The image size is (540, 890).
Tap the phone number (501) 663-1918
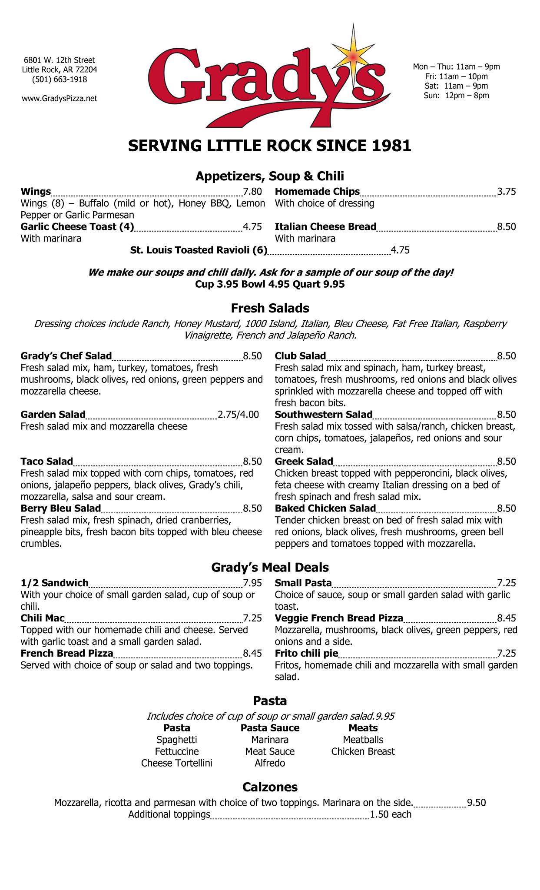[60, 79]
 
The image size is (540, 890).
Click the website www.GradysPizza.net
[60, 99]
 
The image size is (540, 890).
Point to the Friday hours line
[456, 76]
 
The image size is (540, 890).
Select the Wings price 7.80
[252, 192]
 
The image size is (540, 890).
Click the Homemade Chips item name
[317, 192]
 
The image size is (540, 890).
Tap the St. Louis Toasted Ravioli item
[199, 250]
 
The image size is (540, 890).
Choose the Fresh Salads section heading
[270, 308]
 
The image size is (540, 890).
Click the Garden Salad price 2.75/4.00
[238, 415]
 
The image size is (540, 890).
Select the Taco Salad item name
[47, 462]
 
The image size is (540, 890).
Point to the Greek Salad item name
[304, 462]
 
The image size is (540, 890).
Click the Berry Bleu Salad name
[61, 508]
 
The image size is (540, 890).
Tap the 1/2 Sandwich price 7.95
[252, 583]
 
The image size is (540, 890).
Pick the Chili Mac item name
[43, 618]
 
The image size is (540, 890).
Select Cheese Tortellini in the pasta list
[177, 763]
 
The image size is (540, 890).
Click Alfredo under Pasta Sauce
[270, 763]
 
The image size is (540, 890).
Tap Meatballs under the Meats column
[363, 740]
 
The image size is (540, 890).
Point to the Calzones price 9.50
[476, 803]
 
